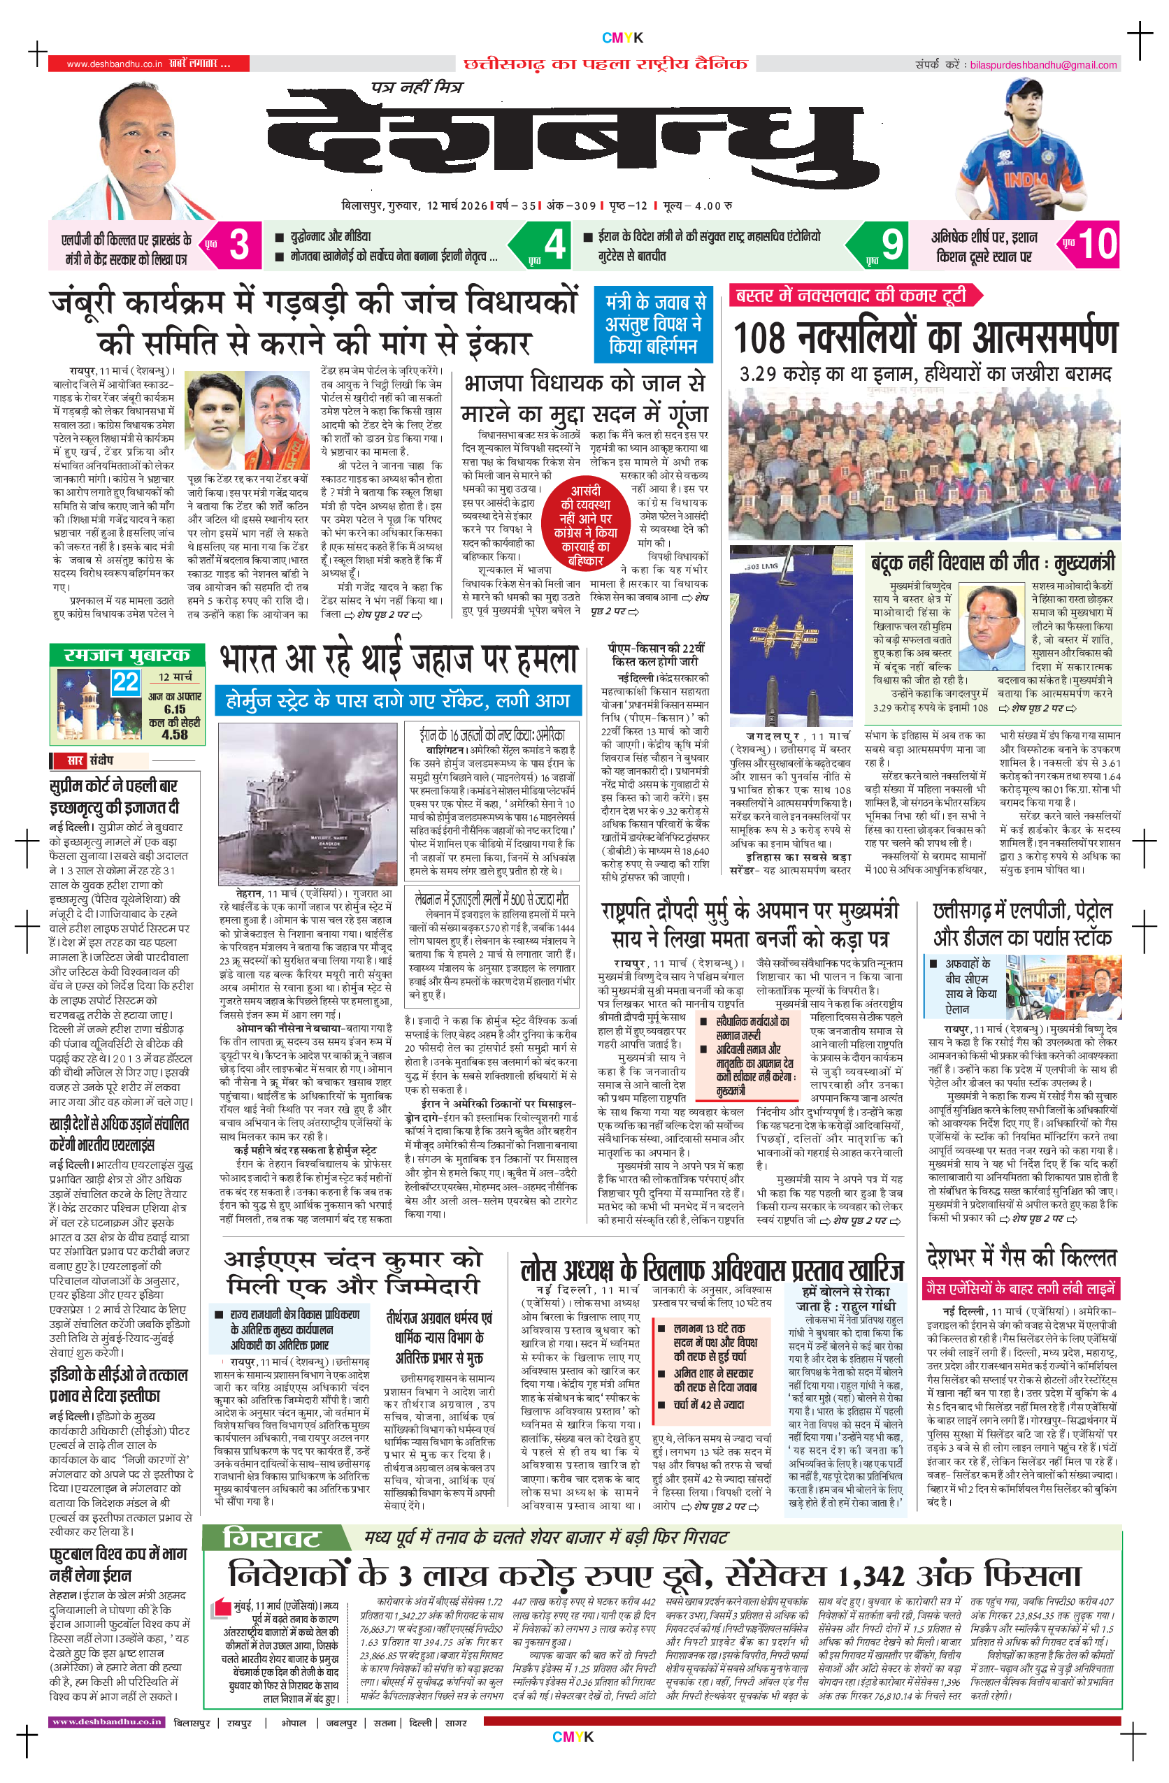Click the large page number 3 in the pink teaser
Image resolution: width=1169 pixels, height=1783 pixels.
coord(238,244)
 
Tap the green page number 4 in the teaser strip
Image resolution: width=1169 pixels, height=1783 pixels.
coord(554,244)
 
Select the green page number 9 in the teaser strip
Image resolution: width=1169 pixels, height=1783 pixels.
coord(891,244)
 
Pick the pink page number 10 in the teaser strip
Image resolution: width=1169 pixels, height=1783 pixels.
coord(1097,244)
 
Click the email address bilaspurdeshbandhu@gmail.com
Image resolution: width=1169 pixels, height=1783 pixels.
coord(1043,65)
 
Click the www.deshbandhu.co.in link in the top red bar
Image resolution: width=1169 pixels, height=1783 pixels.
coord(114,64)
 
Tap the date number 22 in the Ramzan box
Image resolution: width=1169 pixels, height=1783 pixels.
coord(125,681)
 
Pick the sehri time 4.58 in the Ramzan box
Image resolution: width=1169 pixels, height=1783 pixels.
coord(175,735)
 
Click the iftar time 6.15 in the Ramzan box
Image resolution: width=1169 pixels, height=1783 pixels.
coord(175,709)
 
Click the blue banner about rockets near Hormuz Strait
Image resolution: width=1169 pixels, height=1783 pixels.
coord(398,700)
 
